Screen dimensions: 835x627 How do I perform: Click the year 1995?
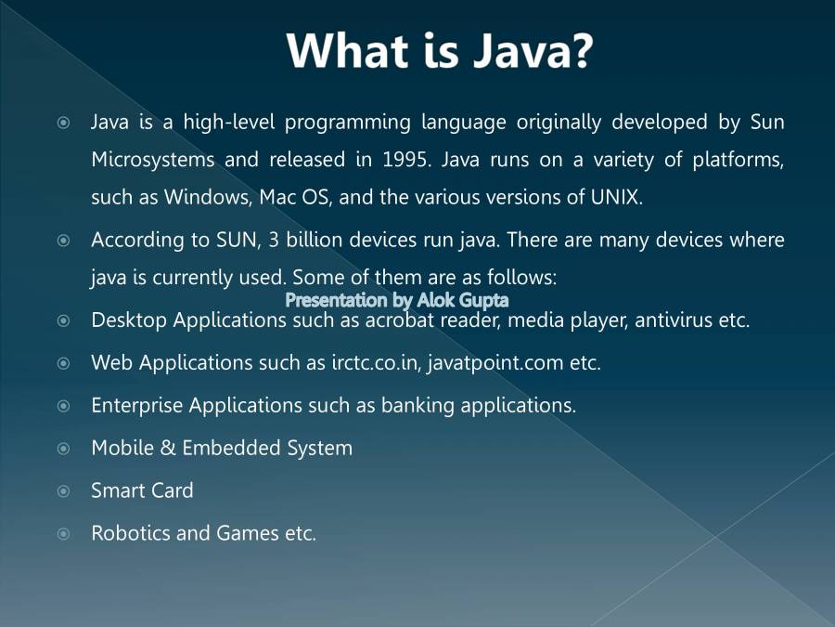coord(405,160)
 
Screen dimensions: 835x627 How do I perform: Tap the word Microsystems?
coord(153,160)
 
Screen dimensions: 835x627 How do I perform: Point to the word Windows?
coord(206,198)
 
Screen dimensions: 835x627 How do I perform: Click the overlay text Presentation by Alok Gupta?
coord(397,300)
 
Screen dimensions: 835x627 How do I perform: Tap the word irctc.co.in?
coord(375,363)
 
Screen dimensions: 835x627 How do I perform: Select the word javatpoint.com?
coord(495,363)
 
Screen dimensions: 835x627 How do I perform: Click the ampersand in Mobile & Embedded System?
coord(168,448)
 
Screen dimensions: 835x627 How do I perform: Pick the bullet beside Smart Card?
coord(63,491)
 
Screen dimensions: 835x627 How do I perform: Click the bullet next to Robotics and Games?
coord(63,534)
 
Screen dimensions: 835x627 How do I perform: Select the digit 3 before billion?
coord(274,240)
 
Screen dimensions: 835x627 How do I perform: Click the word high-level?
coord(229,123)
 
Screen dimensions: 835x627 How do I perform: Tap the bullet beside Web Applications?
coord(63,363)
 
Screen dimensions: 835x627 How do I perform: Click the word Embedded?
coord(231,448)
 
